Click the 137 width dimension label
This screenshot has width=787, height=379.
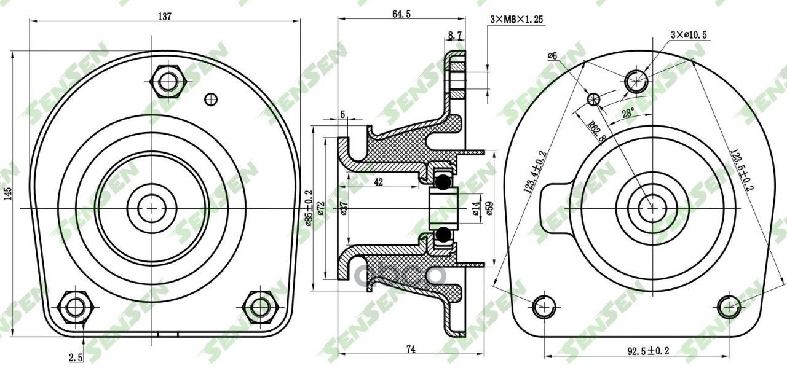tap(164, 17)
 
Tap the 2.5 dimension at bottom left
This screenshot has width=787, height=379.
tap(76, 358)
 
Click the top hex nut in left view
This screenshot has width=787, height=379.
tap(167, 80)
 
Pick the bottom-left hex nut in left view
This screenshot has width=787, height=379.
tap(76, 305)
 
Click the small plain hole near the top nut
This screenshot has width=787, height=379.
tap(211, 98)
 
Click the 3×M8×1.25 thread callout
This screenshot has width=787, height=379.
tap(516, 20)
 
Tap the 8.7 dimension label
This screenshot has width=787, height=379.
tap(456, 37)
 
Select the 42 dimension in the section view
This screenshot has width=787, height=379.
tap(378, 182)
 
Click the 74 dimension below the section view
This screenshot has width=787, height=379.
tap(411, 349)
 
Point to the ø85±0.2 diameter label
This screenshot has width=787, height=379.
tap(309, 208)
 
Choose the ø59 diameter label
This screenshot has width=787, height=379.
tap(490, 208)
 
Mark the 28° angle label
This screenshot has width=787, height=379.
tap(627, 114)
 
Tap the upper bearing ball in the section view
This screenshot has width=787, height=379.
tap(441, 182)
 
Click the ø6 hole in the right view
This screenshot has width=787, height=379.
tap(594, 99)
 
